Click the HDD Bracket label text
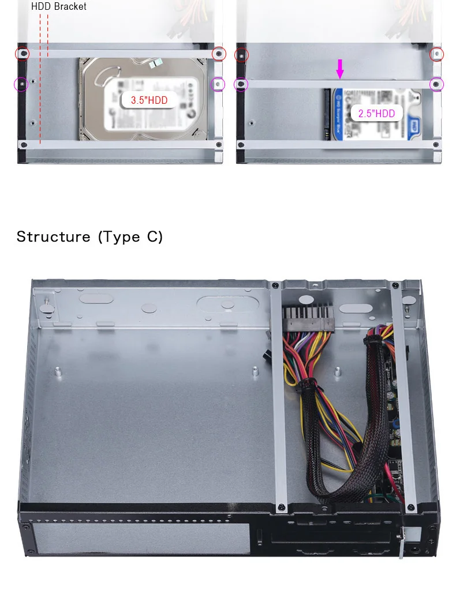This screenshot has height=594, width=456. click(58, 6)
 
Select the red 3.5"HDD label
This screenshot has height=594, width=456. click(149, 100)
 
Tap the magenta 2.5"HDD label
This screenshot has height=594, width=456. click(376, 114)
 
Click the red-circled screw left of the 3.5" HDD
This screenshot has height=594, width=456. click(23, 54)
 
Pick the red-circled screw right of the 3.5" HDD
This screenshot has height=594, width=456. click(219, 54)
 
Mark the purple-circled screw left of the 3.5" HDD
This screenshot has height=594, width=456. click(21, 85)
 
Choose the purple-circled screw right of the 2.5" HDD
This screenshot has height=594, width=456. click(437, 85)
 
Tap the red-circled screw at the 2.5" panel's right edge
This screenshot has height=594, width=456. click(437, 54)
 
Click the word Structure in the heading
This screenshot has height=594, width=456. click(54, 237)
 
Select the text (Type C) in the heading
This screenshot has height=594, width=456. click(130, 237)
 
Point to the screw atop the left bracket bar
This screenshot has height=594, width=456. click(275, 286)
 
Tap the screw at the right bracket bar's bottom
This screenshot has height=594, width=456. click(410, 508)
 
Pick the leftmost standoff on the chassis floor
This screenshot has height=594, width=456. click(58, 371)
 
